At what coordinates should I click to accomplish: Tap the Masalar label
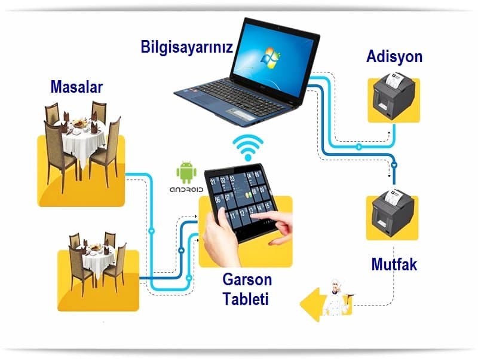[x=76, y=87]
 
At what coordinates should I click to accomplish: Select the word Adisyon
[x=394, y=57]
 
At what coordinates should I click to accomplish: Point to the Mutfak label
[x=394, y=264]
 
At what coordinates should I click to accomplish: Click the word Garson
[x=247, y=279]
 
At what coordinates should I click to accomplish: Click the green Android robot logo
[x=186, y=172]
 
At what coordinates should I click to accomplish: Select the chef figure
[x=336, y=297]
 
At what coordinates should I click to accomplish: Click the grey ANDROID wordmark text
[x=186, y=189]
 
